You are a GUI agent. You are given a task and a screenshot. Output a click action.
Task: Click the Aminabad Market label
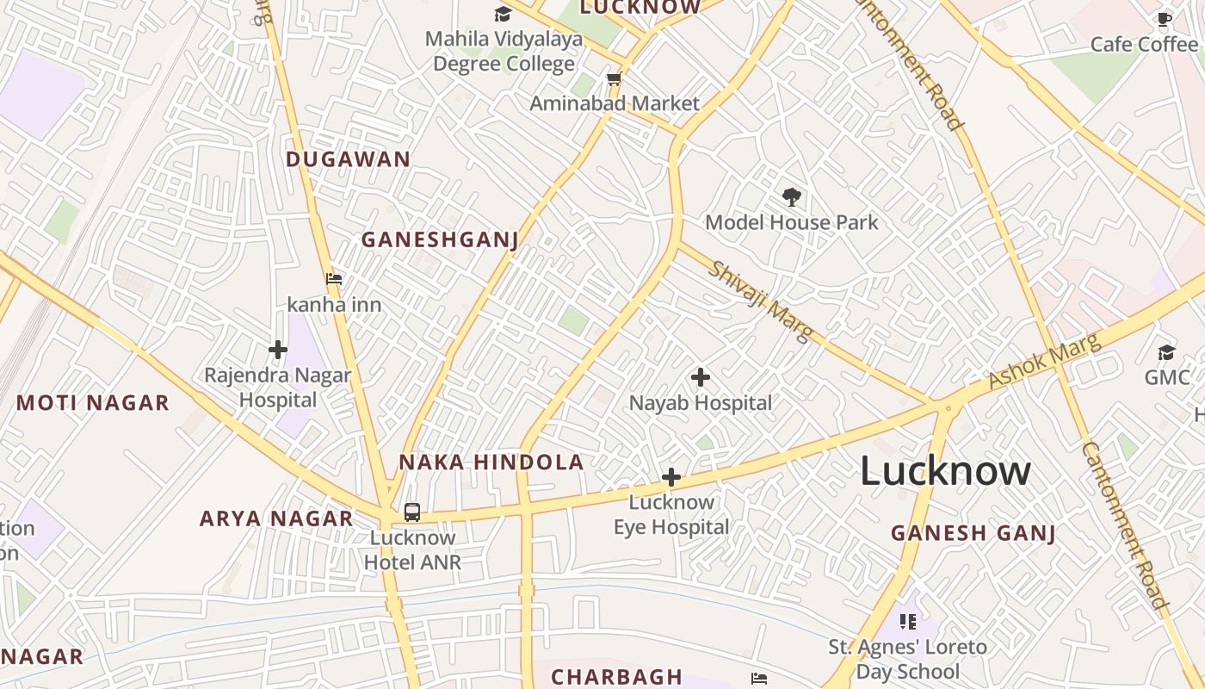pos(614,103)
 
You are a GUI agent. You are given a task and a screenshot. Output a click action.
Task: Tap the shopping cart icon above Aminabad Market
pos(614,79)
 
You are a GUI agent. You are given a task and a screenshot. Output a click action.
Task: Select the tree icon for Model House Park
pos(792,197)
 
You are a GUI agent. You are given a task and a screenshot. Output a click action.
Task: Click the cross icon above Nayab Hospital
pos(701,377)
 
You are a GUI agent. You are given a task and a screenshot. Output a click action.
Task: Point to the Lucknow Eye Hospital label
pos(671,514)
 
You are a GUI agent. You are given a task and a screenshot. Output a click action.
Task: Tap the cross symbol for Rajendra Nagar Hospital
pos(277,350)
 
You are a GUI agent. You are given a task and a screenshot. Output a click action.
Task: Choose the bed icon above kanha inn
pos(334,279)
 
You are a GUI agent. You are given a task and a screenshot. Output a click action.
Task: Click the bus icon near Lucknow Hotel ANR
pos(412,512)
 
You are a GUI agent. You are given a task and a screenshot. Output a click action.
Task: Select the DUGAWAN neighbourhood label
pos(348,159)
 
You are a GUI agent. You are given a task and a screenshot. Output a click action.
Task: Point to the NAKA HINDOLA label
pos(491,462)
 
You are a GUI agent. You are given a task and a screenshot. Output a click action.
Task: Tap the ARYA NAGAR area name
pos(276,518)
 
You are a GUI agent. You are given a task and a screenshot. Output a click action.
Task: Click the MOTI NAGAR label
pos(93,403)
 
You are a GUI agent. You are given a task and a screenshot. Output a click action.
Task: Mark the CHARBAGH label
pos(616,677)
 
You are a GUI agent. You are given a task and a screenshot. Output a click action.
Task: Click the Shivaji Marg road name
pos(760,301)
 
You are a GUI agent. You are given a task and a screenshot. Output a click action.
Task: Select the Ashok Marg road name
pos(1044,362)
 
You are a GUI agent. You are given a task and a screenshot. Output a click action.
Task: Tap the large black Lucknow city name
pos(945,471)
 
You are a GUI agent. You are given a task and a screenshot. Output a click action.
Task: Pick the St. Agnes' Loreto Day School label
pos(907,659)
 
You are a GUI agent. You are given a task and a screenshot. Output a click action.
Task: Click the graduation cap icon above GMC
pos(1166,352)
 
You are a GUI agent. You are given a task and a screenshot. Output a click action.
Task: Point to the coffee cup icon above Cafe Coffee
pos(1165,19)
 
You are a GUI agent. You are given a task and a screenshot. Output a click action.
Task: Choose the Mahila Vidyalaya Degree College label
pos(504,52)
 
